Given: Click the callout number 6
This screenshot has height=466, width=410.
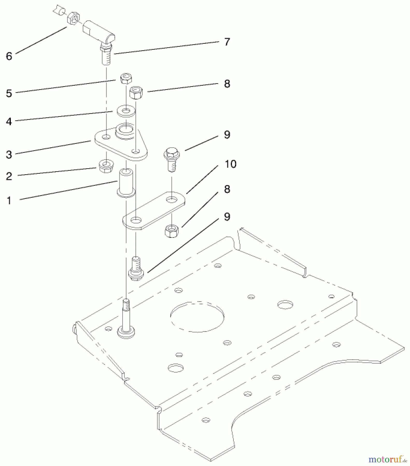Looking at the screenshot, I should click(x=9, y=56).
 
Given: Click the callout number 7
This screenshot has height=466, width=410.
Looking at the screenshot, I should click(x=227, y=42).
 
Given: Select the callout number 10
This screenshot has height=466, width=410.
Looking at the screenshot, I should click(x=230, y=164).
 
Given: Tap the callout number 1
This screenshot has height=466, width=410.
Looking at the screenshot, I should click(x=9, y=201).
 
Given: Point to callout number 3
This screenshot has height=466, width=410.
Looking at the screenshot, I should click(x=9, y=155).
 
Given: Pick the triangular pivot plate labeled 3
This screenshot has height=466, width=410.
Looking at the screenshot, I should click(x=121, y=145).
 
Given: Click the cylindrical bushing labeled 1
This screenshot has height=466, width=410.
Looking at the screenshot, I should click(x=126, y=183).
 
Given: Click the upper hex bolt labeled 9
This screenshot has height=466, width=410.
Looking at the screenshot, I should click(x=171, y=158).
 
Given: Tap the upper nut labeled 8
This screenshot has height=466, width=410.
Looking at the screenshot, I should click(x=136, y=93).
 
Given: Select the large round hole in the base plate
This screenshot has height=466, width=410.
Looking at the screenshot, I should click(x=197, y=316).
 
